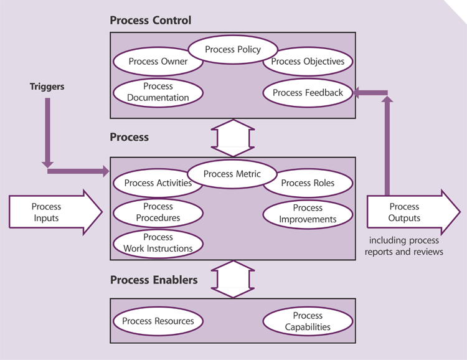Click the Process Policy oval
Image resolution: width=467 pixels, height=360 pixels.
(x=232, y=50)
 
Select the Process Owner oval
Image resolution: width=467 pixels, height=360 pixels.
(x=158, y=62)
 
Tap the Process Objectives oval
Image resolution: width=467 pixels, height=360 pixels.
(x=308, y=62)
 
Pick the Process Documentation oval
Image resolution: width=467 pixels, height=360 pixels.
(x=158, y=92)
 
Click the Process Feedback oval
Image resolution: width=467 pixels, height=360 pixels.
(x=308, y=93)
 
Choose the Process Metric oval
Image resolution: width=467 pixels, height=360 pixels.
(x=232, y=174)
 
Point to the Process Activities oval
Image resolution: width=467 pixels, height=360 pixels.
(x=158, y=183)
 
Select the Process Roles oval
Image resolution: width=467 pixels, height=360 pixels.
(x=308, y=183)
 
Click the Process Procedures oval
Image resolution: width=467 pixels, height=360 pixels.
(x=158, y=212)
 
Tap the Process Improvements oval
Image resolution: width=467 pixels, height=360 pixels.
(x=308, y=214)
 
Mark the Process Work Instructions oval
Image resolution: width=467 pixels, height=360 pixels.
(x=158, y=243)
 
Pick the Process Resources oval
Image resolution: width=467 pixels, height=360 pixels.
(x=158, y=321)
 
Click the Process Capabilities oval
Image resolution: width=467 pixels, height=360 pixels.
(x=308, y=321)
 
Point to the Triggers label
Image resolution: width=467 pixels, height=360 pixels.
(x=47, y=87)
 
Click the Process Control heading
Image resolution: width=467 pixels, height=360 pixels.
(x=150, y=20)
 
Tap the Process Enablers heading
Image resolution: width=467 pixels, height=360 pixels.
(x=154, y=280)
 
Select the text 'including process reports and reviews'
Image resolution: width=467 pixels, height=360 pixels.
(x=404, y=246)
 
